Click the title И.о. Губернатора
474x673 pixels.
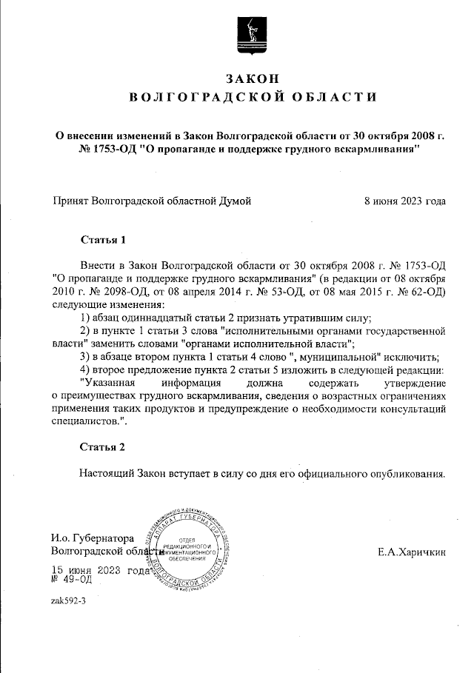tap(92, 538)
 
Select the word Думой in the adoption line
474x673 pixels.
tap(233, 201)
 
